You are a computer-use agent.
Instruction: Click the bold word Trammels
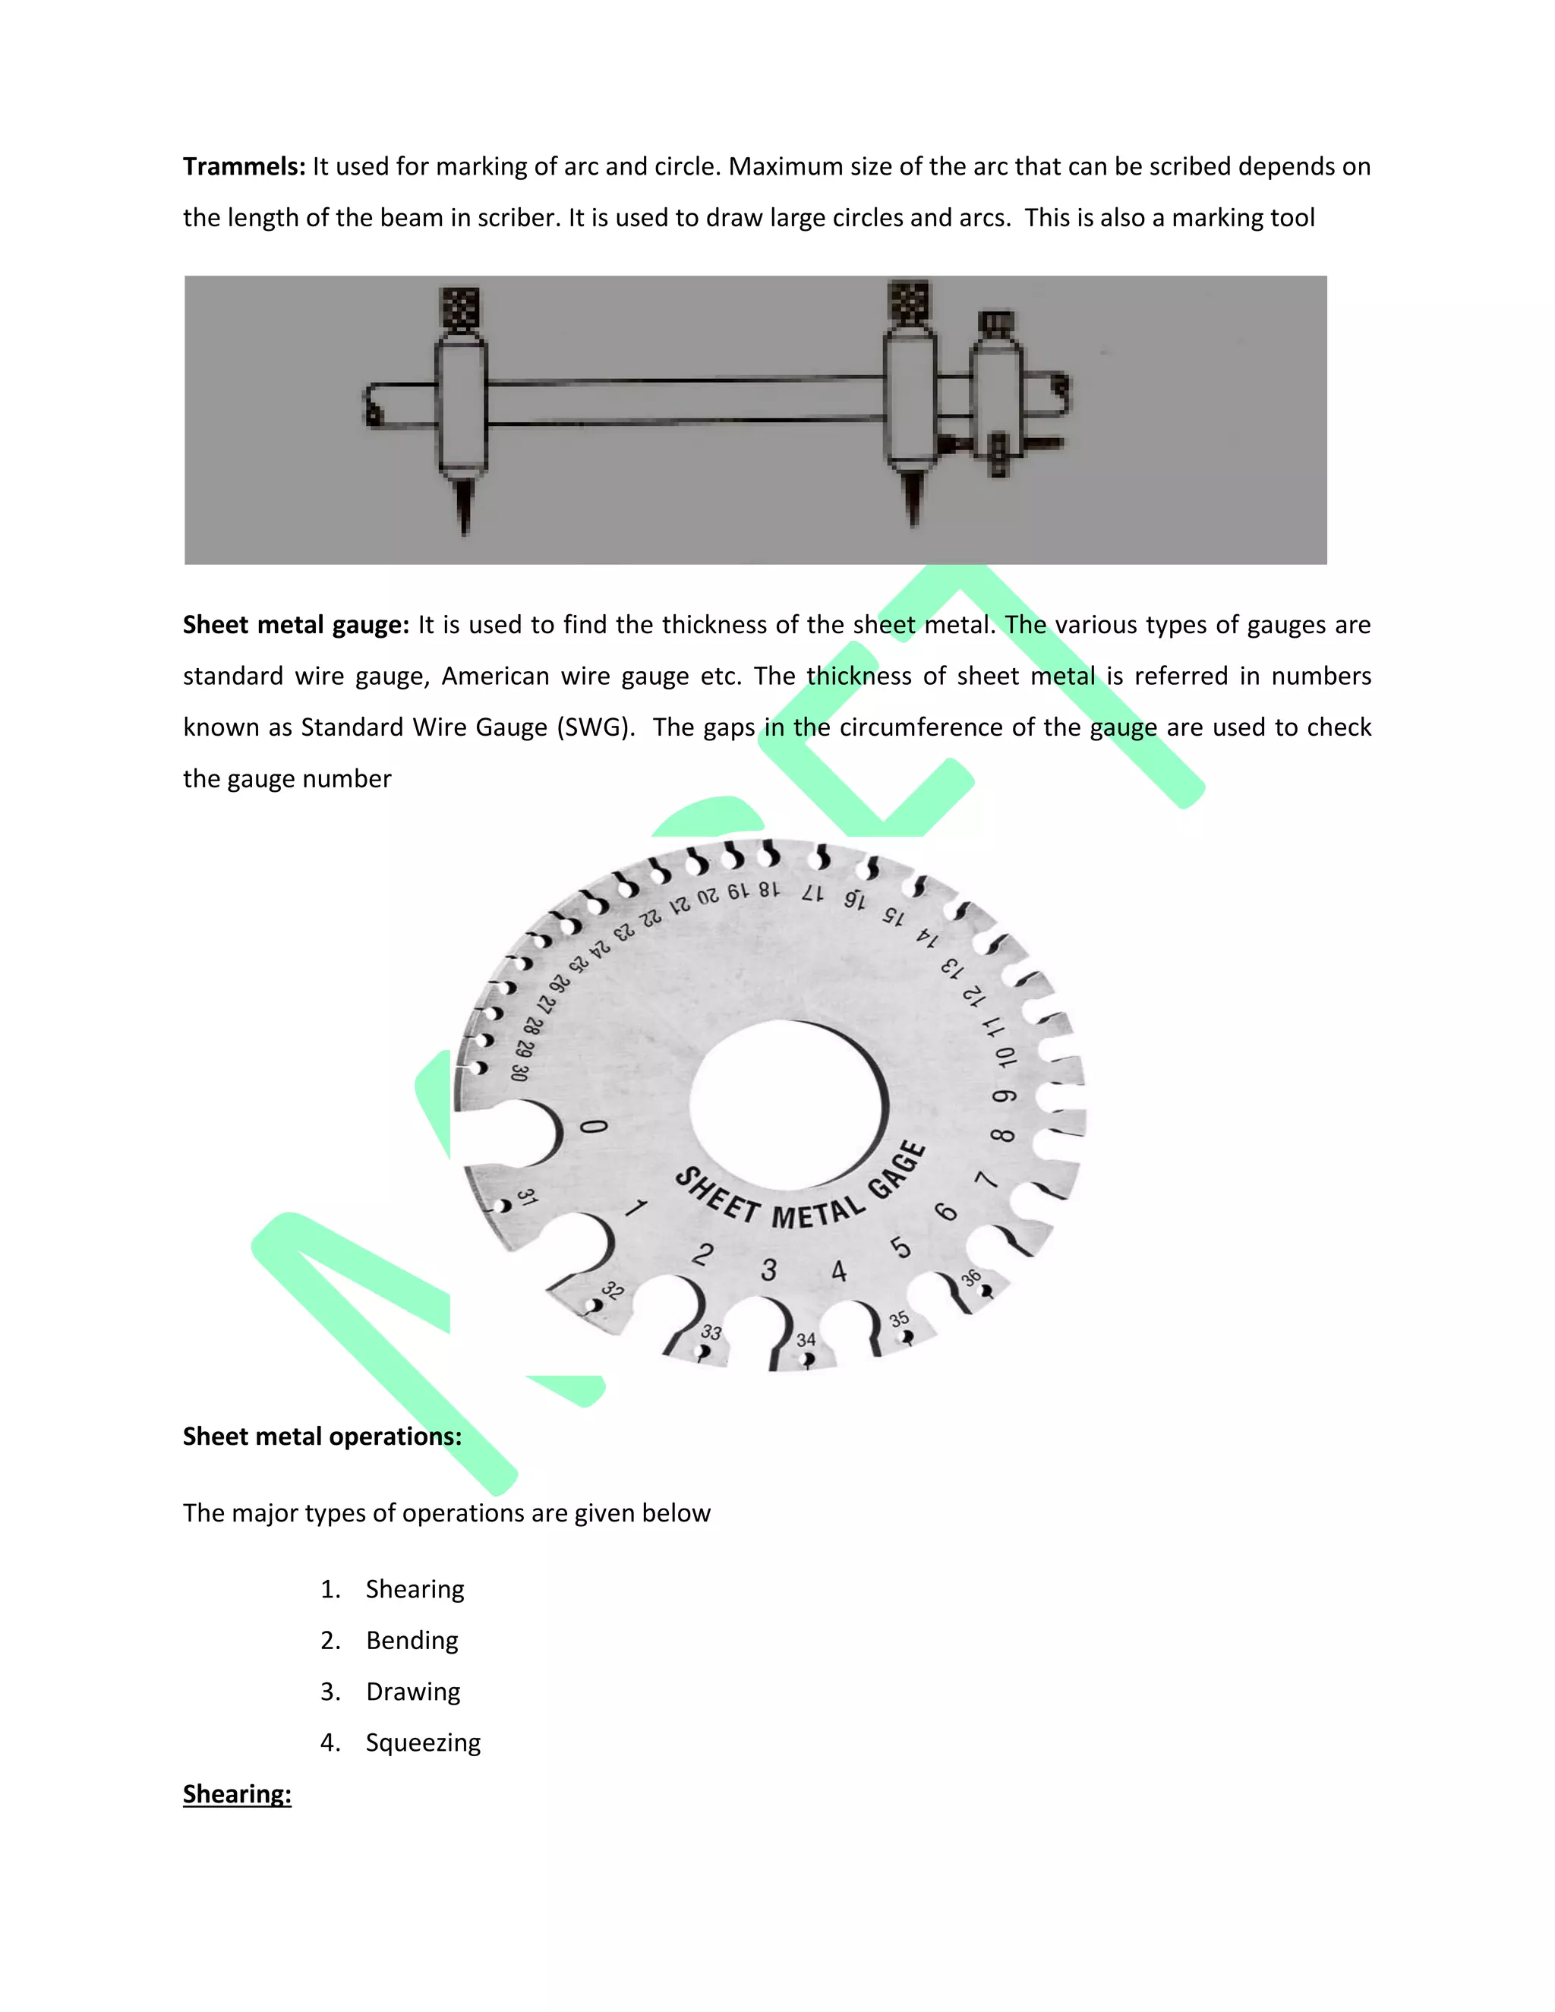[x=243, y=167]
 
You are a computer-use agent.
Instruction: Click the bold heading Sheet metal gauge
[x=295, y=625]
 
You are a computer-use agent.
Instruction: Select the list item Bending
[x=412, y=1640]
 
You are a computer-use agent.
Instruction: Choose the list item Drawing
[x=413, y=1692]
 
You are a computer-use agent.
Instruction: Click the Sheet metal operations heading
[x=321, y=1436]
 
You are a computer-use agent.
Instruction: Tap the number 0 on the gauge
[x=595, y=1127]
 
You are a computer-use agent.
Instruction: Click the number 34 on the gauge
[x=806, y=1339]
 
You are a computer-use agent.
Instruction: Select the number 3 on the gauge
[x=769, y=1270]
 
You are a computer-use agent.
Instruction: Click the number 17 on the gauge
[x=812, y=893]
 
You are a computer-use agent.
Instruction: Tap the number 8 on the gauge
[x=1002, y=1135]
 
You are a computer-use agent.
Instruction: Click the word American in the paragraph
[x=495, y=676]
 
